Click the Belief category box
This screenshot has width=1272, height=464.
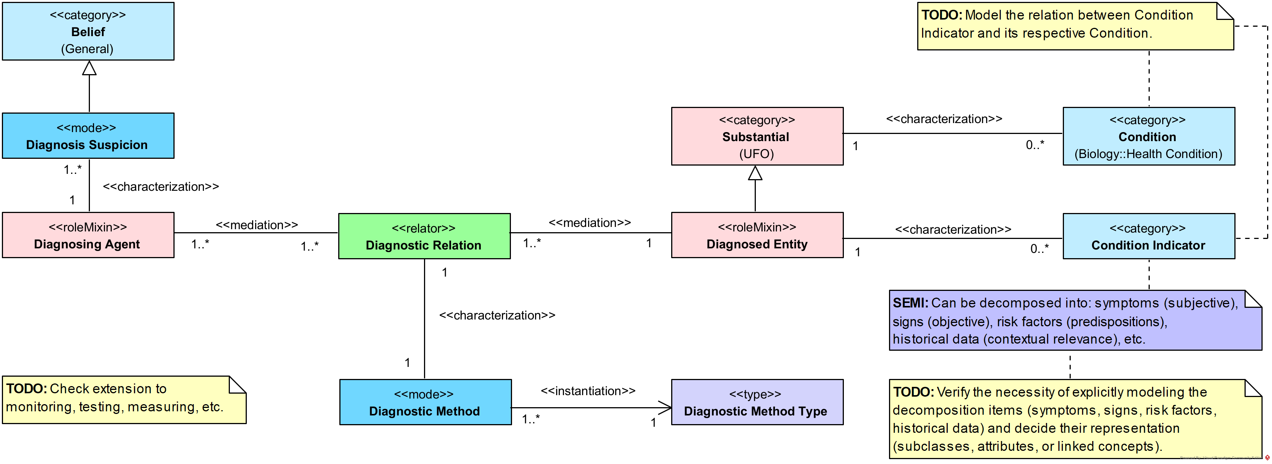88,32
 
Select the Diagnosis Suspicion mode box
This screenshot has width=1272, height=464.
88,136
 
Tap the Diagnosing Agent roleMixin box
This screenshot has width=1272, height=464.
88,235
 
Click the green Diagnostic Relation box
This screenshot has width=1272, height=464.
424,236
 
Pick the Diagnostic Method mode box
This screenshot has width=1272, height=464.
425,402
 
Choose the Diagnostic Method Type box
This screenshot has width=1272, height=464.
757,402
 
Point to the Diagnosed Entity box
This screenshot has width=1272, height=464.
757,235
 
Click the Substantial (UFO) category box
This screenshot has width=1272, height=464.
757,136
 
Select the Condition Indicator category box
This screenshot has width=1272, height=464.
1148,236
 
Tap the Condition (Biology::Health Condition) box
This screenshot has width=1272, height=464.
1148,136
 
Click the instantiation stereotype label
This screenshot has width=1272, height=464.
588,391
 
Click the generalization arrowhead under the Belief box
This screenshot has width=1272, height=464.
89,68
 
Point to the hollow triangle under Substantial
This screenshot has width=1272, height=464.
755,173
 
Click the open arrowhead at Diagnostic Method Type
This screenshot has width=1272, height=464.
666,408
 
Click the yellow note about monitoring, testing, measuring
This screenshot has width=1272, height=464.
123,399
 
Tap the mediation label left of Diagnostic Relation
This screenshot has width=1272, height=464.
257,225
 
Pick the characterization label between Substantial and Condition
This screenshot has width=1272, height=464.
944,119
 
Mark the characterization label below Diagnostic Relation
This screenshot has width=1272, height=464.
497,315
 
